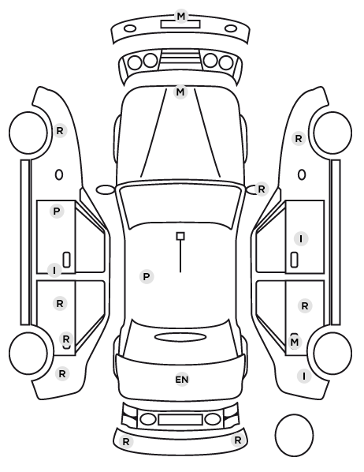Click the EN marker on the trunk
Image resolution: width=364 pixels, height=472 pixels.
pos(181,380)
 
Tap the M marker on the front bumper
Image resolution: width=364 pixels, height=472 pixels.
pos(181,17)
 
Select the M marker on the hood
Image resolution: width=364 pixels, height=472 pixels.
pos(180,92)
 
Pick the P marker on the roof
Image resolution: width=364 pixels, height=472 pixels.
pos(147,276)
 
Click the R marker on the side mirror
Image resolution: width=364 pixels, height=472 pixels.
pos(262,189)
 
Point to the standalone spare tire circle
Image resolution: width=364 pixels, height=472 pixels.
pos(294,435)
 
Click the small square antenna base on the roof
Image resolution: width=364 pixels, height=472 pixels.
pos(180,236)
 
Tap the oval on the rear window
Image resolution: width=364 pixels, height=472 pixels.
pos(180,337)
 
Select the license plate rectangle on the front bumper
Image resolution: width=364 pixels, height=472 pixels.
pos(180,24)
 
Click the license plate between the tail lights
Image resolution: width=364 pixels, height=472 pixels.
pos(180,419)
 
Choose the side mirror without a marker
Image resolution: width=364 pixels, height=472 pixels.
pos(106,189)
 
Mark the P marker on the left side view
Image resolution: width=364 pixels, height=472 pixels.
pos(57,212)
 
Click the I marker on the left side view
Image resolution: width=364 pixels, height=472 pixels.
pos(54,270)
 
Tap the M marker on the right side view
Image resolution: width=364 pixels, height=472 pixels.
pos(295,342)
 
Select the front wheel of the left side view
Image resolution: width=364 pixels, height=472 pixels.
pos(28,133)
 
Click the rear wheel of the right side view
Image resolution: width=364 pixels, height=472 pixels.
pos(332,353)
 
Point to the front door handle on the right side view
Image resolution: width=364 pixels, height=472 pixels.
pos(295,260)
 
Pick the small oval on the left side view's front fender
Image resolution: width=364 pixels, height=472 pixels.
pos(59,174)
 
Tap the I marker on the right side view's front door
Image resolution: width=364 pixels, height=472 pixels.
pos(301,238)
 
